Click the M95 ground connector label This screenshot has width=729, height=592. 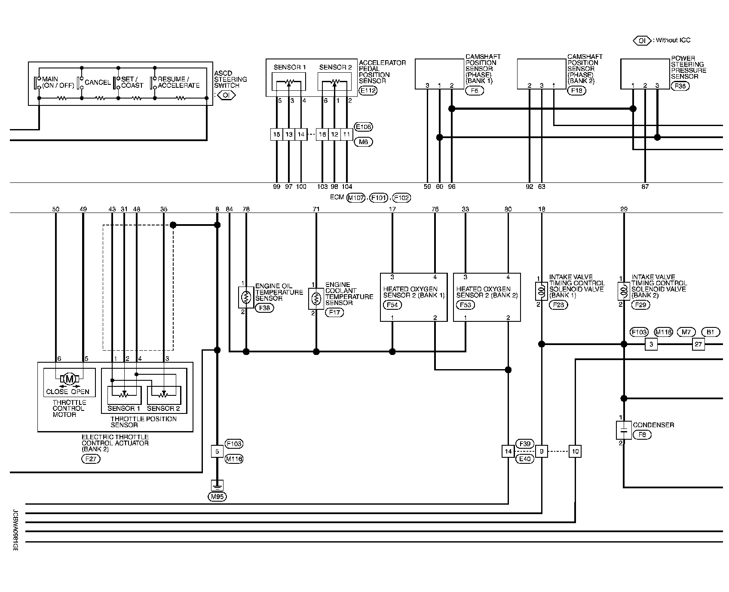[x=217, y=496]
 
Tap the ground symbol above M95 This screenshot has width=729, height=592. [x=217, y=485]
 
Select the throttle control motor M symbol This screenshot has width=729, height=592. [x=69, y=379]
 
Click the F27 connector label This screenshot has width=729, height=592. [x=91, y=459]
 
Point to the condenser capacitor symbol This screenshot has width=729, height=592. [x=624, y=430]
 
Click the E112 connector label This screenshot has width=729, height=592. [x=368, y=91]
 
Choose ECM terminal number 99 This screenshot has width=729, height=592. [x=276, y=187]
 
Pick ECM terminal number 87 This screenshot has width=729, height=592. [x=645, y=187]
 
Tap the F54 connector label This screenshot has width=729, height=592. [x=392, y=305]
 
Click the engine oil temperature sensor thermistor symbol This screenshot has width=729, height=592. [x=246, y=297]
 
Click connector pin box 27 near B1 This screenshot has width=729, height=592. [x=698, y=344]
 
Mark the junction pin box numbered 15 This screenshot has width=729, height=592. [x=276, y=134]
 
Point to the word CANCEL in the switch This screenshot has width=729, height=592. [x=98, y=83]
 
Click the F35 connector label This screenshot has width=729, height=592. [x=680, y=86]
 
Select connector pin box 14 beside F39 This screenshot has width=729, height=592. [x=508, y=451]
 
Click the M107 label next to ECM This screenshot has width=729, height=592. [x=356, y=198]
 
